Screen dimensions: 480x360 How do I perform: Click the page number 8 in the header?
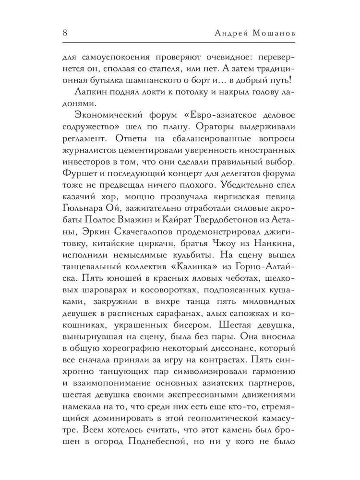point(65,34)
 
